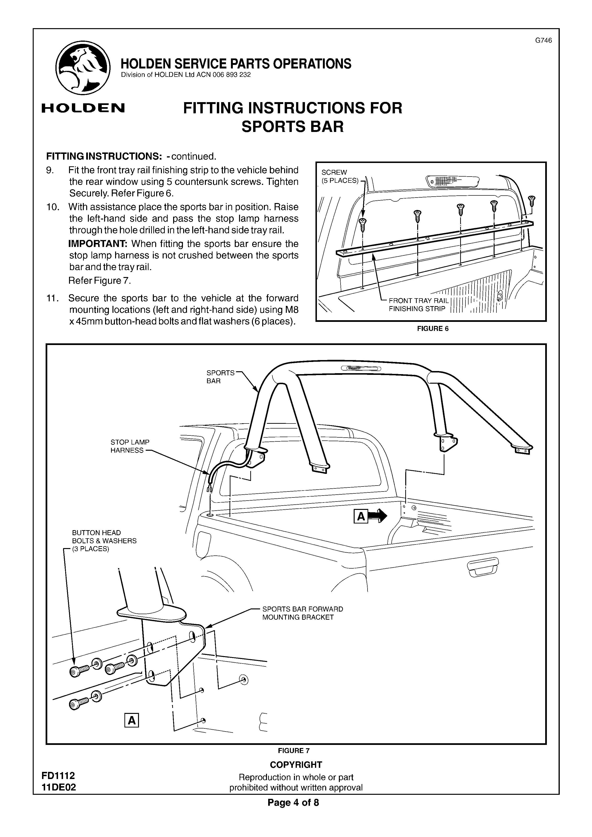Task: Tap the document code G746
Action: coord(543,41)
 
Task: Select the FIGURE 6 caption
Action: coord(433,329)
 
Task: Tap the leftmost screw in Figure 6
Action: coord(363,225)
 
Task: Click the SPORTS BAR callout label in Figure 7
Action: coord(220,377)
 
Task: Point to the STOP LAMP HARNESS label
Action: coord(130,446)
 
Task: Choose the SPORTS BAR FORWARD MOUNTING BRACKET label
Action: coord(302,613)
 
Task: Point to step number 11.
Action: coord(53,298)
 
